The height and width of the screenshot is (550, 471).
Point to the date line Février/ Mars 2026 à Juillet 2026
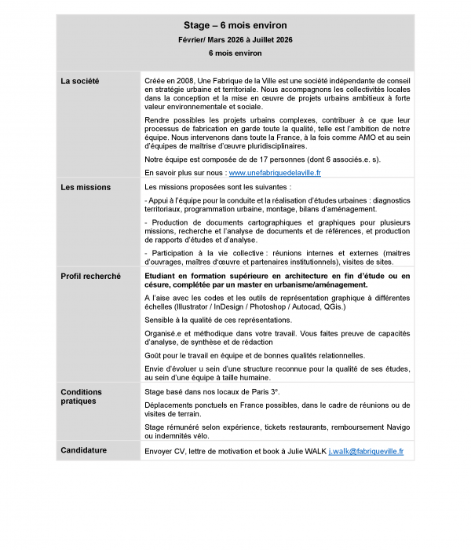click(235, 39)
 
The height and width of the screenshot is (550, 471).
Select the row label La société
click(79, 81)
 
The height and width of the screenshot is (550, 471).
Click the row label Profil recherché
click(90, 277)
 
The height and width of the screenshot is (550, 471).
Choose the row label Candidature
click(84, 450)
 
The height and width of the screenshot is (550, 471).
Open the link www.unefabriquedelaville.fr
click(275, 172)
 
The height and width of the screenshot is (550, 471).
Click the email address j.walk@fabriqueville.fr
click(366, 452)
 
